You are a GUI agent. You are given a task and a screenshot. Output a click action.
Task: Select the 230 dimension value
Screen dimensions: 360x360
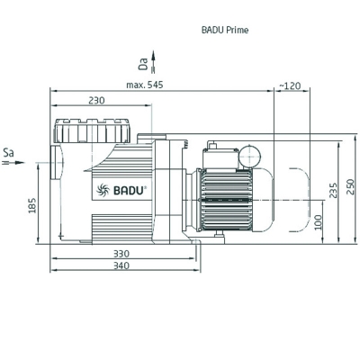[x=98, y=102]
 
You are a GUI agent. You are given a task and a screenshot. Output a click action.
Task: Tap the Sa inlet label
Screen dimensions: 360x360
[x=9, y=152]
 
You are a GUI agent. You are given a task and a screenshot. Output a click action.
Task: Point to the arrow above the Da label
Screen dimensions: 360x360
[x=152, y=54]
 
